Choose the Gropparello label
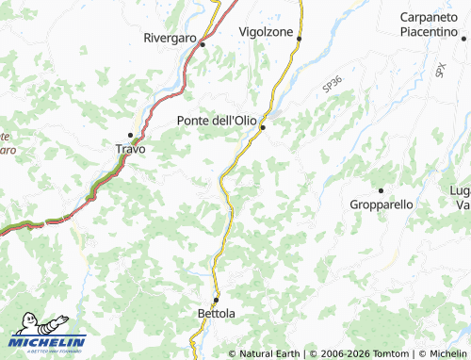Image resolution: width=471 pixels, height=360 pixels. point(381,204)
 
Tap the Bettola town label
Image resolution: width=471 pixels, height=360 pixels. point(216,312)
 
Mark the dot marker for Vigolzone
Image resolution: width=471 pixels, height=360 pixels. point(299,39)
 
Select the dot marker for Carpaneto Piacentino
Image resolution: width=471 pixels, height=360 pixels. point(463,39)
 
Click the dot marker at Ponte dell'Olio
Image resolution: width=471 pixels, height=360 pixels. point(264,127)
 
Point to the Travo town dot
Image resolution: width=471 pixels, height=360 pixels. point(131,135)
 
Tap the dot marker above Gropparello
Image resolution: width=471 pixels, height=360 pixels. point(381,190)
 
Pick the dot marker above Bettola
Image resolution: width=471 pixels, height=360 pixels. point(216,300)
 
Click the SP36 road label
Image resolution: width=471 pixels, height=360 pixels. point(331,85)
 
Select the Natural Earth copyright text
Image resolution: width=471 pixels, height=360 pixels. point(268,353)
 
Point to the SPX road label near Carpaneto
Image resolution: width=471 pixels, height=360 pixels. point(440,69)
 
